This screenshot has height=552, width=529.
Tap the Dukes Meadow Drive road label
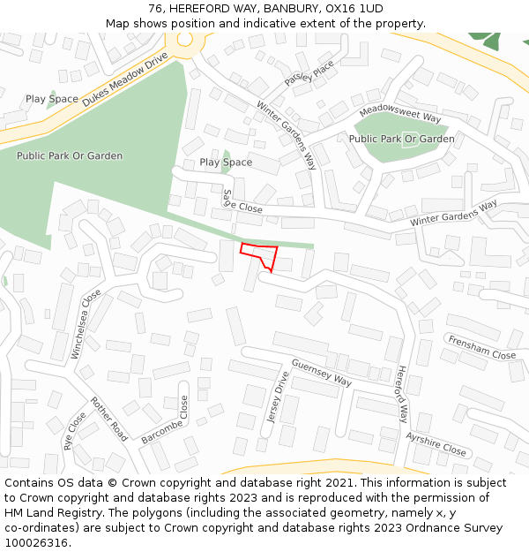click(x=124, y=79)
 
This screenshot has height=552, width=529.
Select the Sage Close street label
click(x=242, y=203)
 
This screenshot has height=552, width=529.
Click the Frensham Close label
click(x=481, y=347)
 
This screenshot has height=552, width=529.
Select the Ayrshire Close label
click(x=436, y=443)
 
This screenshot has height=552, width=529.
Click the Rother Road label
click(x=108, y=418)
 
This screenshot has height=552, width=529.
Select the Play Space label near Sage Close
click(x=226, y=163)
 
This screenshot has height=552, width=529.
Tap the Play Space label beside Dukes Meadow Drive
click(x=51, y=100)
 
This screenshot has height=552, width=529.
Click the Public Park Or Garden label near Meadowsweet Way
click(x=401, y=139)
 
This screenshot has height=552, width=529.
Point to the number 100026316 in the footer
click(x=37, y=542)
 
